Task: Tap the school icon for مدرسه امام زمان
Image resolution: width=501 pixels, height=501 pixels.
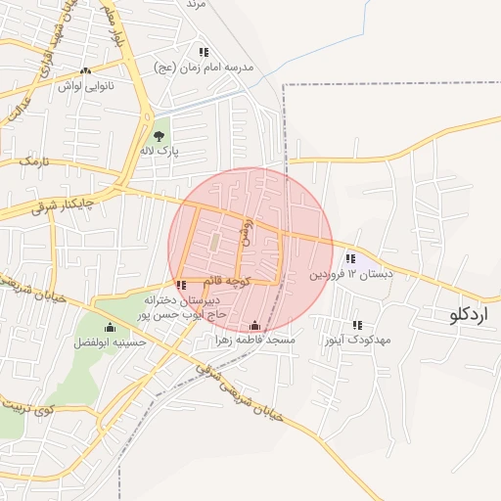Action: [x=204, y=52]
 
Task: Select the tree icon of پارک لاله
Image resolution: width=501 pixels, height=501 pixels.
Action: [x=159, y=136]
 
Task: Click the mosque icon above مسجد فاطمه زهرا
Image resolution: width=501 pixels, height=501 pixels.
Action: [x=255, y=326]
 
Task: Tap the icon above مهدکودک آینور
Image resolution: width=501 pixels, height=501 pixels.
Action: [x=357, y=325]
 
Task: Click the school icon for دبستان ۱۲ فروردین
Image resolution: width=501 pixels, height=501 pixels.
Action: [x=350, y=258]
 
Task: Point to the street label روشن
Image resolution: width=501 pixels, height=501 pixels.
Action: [x=248, y=232]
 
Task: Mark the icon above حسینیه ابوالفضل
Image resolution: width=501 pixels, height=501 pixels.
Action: [x=110, y=327]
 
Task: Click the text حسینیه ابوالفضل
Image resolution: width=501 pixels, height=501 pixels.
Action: [x=110, y=342]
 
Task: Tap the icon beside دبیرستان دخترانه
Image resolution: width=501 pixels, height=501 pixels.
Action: [x=181, y=285]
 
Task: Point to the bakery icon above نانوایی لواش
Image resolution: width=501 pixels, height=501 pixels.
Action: [x=85, y=70]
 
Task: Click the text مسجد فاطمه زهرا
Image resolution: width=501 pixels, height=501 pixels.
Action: [x=255, y=341]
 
